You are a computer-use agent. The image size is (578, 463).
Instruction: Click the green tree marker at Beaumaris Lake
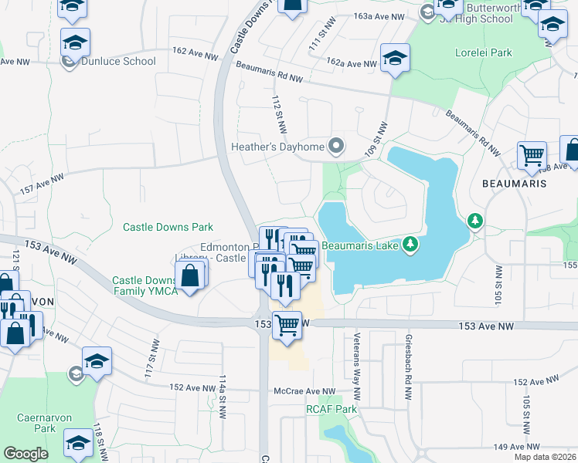pyautogui.click(x=411, y=245)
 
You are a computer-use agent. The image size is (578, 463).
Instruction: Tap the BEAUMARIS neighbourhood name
pyautogui.click(x=514, y=184)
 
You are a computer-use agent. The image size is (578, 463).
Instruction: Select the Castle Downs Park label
pyautogui.click(x=168, y=228)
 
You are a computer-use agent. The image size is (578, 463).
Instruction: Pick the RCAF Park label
pyautogui.click(x=331, y=409)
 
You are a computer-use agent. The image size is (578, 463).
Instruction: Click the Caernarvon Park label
pyautogui.click(x=44, y=423)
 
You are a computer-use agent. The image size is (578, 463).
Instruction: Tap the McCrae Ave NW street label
pyautogui.click(x=304, y=392)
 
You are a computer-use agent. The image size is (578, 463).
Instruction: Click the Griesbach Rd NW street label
pyautogui.click(x=407, y=367)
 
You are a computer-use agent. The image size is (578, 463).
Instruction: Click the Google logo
pyautogui.click(x=26, y=454)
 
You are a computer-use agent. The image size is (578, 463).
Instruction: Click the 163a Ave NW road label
pyautogui.click(x=379, y=16)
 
